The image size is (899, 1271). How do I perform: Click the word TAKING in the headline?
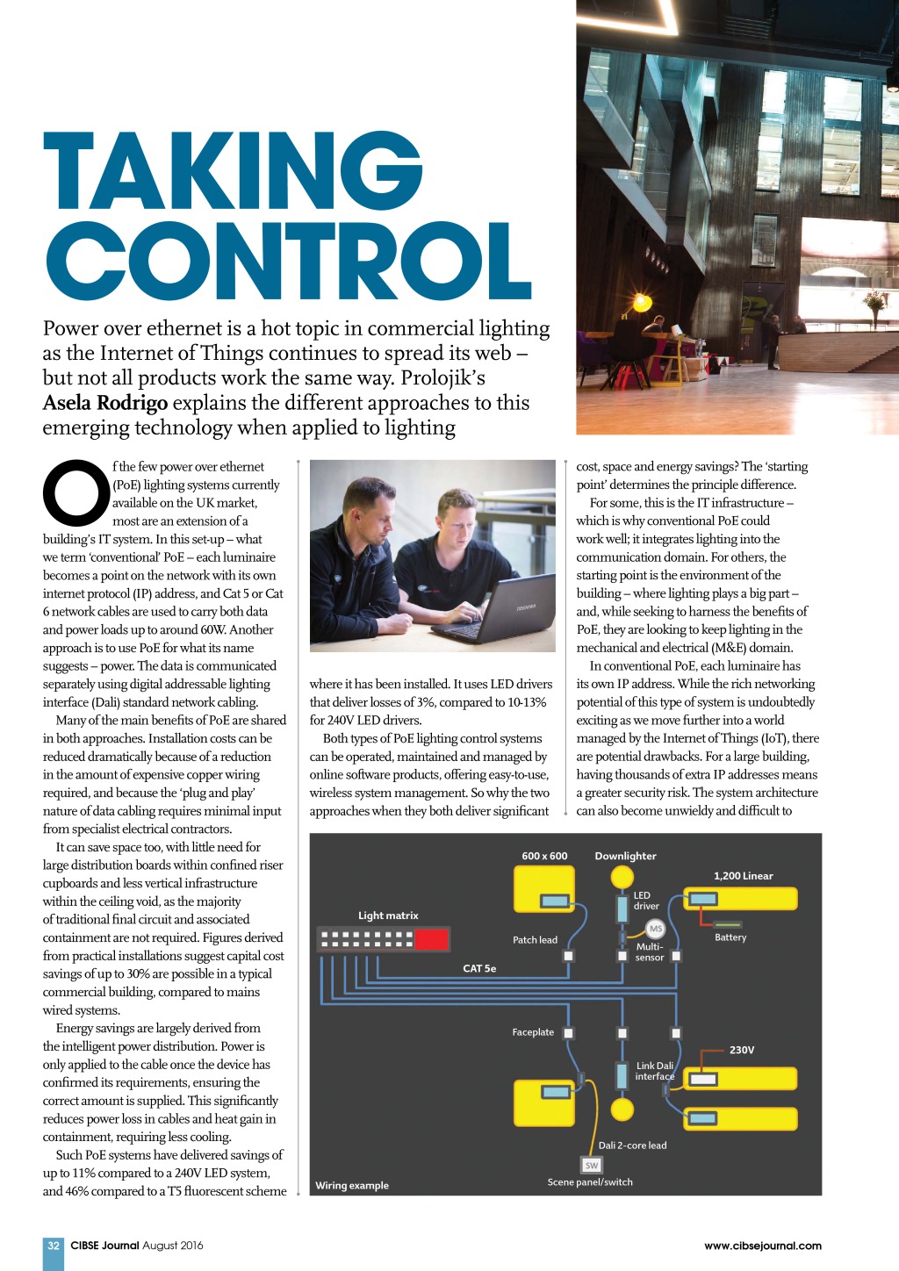coord(234,171)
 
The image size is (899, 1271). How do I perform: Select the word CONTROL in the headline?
coord(289,261)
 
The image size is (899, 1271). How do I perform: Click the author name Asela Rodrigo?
coord(105,403)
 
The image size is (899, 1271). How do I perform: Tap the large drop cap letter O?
coord(76,492)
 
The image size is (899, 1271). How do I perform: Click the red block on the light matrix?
coord(431,939)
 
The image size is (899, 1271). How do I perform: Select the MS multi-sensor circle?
coord(655,929)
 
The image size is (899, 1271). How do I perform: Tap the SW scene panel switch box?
coord(592,1165)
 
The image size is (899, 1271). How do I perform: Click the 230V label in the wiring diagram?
coord(742,1050)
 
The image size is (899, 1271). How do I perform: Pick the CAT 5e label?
coord(479,968)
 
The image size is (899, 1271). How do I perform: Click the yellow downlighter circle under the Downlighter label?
coord(622,876)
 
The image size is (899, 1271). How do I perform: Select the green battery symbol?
coord(728,924)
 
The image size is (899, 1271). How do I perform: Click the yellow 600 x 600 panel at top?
coord(544,888)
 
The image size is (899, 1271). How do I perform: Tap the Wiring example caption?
coord(352,1185)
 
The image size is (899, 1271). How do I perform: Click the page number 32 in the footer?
coord(54,1245)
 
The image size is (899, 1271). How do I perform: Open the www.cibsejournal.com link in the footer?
coord(762,1245)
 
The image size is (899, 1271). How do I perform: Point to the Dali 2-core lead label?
coord(632,1145)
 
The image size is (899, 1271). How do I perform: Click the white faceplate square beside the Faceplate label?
coord(568,1033)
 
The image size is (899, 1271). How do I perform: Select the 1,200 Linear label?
coord(743,876)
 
